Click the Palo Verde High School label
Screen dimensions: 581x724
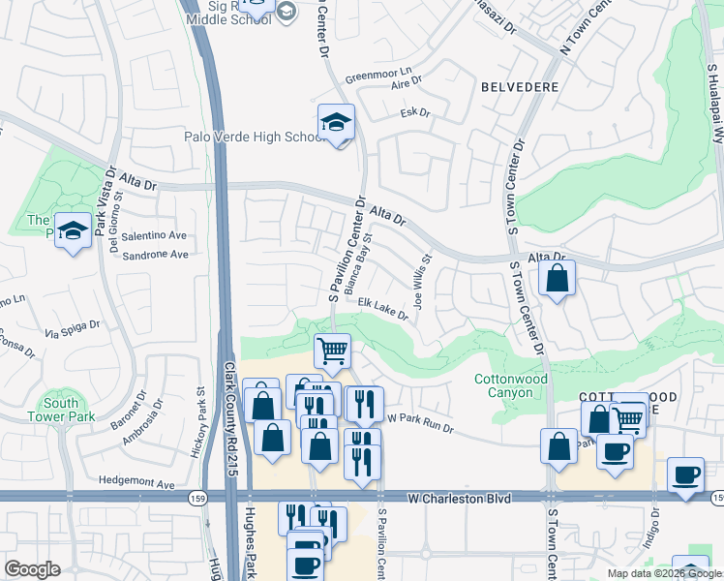coord(254,137)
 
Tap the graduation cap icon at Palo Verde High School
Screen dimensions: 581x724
coord(336,122)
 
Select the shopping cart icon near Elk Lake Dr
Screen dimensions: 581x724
coord(332,350)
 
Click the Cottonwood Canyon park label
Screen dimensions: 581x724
coord(511,385)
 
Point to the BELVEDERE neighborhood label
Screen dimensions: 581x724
coord(520,87)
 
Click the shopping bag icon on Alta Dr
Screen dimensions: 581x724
coord(558,280)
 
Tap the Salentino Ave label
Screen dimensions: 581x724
coord(154,235)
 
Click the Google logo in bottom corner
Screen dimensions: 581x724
coord(32,568)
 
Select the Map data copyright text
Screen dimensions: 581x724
coord(664,573)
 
